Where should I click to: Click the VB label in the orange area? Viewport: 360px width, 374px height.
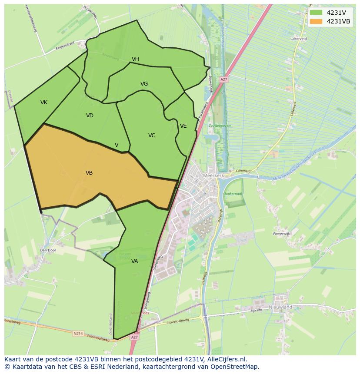89,173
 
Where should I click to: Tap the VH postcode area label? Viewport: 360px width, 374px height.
135,59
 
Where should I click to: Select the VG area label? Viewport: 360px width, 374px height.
144,84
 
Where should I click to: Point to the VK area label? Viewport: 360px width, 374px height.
44,103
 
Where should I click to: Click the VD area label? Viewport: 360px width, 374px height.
90,116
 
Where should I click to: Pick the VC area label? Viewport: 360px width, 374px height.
151,136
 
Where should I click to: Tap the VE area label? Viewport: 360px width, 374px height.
183,126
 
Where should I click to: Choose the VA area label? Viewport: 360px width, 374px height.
134,261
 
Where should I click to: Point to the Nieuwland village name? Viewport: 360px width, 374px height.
280,307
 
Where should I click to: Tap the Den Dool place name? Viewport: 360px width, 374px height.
48,250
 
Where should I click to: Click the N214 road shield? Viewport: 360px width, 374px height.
78,334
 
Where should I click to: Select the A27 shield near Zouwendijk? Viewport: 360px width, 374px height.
223,79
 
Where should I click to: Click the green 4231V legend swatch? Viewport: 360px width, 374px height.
316,13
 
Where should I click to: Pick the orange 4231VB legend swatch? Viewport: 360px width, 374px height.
316,21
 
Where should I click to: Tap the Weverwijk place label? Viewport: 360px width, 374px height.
281,234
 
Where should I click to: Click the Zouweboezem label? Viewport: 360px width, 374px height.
220,126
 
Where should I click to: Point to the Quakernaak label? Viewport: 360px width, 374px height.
233,194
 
